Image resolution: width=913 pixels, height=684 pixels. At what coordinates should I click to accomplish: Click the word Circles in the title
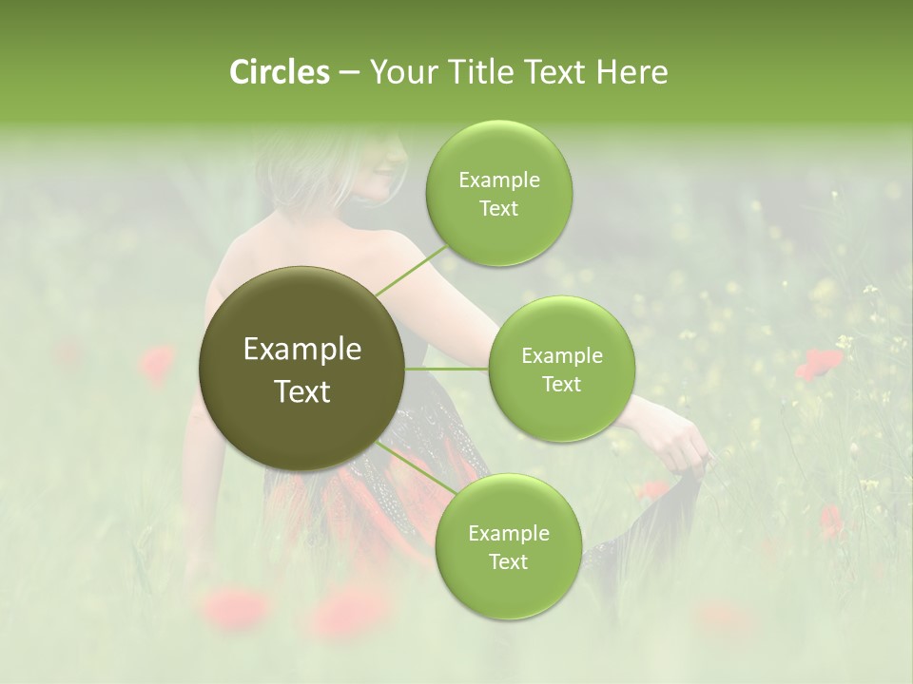coord(280,72)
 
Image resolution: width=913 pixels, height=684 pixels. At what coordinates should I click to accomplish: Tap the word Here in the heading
coord(631,72)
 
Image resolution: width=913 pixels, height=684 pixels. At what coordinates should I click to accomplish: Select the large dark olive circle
coord(302,369)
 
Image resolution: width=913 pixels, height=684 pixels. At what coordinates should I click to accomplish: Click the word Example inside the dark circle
coord(302,350)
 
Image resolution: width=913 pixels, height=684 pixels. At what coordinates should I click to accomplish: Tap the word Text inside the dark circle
coord(302,391)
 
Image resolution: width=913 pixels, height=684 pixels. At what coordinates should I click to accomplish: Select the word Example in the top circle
coord(498,180)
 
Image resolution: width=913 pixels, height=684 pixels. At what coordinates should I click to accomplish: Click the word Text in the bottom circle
coord(508,561)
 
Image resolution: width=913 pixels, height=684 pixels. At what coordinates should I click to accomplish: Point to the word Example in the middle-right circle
coord(561,356)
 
